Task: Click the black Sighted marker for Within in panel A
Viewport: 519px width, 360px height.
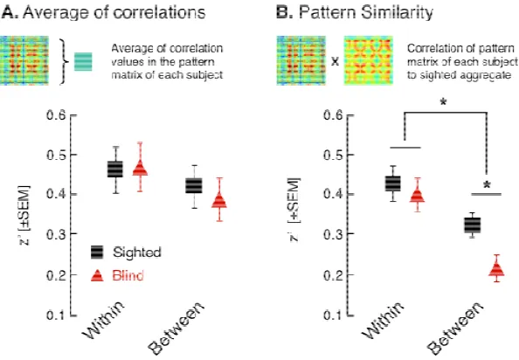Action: pyautogui.click(x=114, y=170)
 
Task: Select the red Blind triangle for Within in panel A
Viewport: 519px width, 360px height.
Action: pyautogui.click(x=140, y=168)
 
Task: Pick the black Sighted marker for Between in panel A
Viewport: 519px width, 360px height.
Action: pyautogui.click(x=194, y=185)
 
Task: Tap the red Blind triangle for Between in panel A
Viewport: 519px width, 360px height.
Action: pyautogui.click(x=219, y=200)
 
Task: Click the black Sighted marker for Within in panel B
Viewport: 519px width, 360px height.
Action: pyautogui.click(x=392, y=183)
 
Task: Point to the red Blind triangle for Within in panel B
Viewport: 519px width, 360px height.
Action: pyautogui.click(x=418, y=196)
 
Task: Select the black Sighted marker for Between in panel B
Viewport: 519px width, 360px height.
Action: pyautogui.click(x=473, y=225)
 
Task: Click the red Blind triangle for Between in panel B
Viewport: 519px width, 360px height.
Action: pyautogui.click(x=497, y=269)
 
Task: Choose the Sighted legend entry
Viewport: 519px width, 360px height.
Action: pyautogui.click(x=126, y=253)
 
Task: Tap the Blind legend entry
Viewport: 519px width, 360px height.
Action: pyautogui.click(x=117, y=275)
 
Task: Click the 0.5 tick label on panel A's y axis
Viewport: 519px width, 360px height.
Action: pyautogui.click(x=57, y=155)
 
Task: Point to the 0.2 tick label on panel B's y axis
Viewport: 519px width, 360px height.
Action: pyautogui.click(x=334, y=274)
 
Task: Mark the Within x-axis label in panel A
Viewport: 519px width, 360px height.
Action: pyautogui.click(x=103, y=320)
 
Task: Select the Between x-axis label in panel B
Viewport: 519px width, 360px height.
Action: pyautogui.click(x=455, y=328)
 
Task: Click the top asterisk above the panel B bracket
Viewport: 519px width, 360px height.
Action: pyautogui.click(x=444, y=102)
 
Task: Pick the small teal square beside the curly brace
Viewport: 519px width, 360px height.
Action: pyautogui.click(x=83, y=61)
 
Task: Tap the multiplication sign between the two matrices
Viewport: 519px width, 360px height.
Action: pyautogui.click(x=335, y=62)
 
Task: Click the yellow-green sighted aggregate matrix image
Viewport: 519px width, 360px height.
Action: pyautogui.click(x=368, y=60)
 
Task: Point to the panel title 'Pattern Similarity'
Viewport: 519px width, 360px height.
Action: pyautogui.click(x=366, y=12)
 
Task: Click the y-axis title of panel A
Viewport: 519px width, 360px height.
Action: pyautogui.click(x=24, y=216)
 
